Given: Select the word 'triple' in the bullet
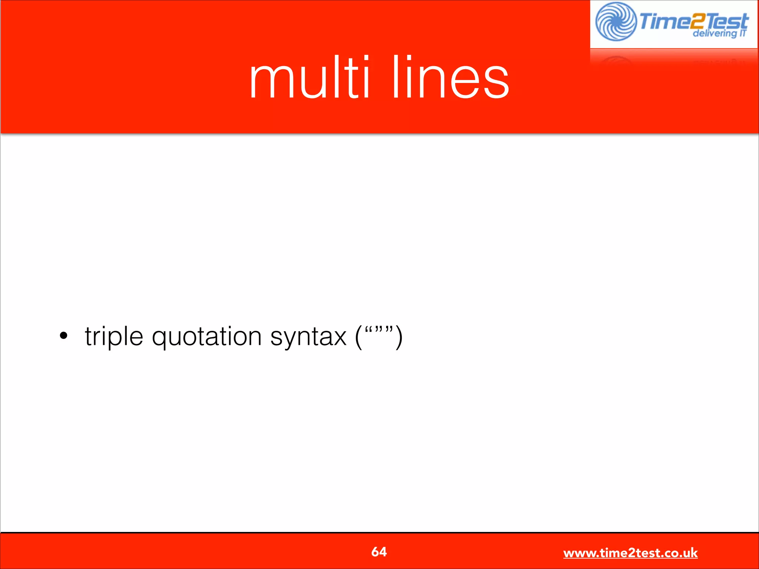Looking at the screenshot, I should pyautogui.click(x=114, y=337).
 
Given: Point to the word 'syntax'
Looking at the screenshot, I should pyautogui.click(x=308, y=338).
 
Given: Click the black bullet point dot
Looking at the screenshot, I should pyautogui.click(x=64, y=336).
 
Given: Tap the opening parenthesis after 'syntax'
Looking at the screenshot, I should pyautogui.click(x=358, y=337).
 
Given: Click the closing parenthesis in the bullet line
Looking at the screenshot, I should pyautogui.click(x=399, y=337).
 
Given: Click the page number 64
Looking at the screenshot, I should pyautogui.click(x=379, y=552).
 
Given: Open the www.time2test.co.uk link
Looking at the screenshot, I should pyautogui.click(x=630, y=553).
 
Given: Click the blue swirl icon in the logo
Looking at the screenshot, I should pyautogui.click(x=616, y=21).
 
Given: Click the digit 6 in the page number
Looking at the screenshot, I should pyautogui.click(x=375, y=552).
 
